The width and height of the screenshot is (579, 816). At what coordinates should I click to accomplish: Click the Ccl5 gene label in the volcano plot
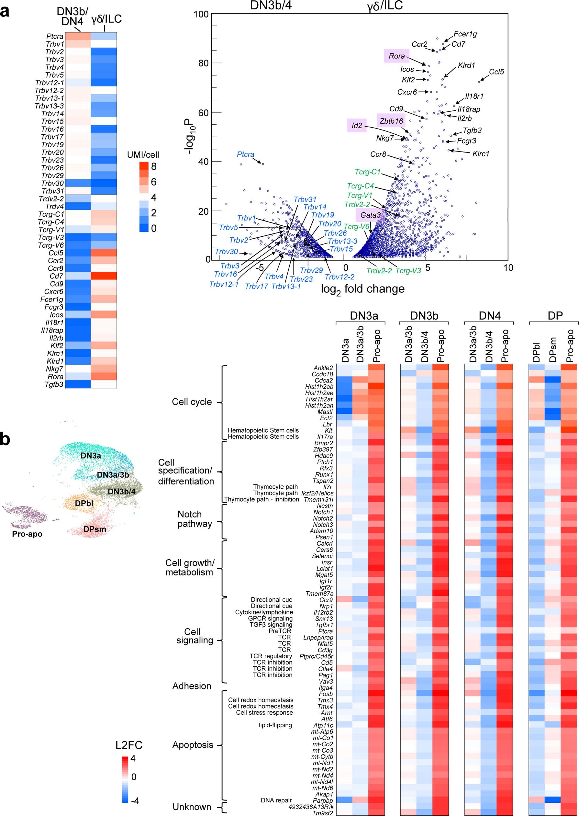click(496, 72)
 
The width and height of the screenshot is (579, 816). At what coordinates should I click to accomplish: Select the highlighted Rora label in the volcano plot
click(396, 56)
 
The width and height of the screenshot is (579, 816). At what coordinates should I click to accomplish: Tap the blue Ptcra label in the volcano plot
click(245, 154)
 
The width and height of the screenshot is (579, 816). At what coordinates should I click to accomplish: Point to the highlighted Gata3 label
click(371, 215)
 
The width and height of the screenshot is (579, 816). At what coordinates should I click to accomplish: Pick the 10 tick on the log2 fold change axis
click(508, 267)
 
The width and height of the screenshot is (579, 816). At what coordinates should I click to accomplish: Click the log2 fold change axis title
click(362, 289)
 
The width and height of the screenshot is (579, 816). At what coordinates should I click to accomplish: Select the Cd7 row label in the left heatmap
click(56, 276)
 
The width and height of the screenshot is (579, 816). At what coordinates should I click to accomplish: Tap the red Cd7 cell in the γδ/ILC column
click(104, 276)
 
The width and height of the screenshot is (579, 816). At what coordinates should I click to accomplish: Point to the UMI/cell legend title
click(143, 155)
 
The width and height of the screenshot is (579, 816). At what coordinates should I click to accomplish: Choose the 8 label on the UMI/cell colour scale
click(154, 166)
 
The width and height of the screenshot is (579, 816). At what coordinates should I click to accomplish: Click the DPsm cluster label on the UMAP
click(95, 529)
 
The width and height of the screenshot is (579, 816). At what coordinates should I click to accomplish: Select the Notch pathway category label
click(195, 519)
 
